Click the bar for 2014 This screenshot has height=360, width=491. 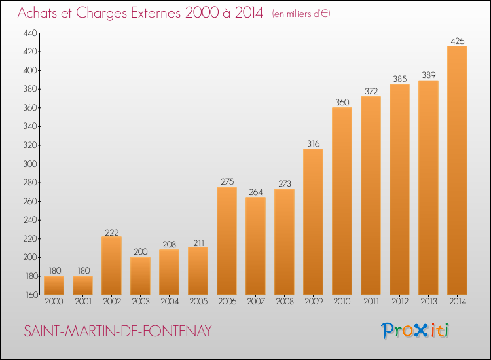pyautogui.click(x=457, y=170)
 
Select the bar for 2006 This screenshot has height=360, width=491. pyautogui.click(x=227, y=241)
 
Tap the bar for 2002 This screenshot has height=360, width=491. pyautogui.click(x=111, y=266)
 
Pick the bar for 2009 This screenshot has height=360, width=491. pyautogui.click(x=313, y=222)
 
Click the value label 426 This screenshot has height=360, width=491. pyautogui.click(x=457, y=41)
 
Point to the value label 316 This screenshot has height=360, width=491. pyautogui.click(x=313, y=144)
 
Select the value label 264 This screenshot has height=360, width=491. pyautogui.click(x=255, y=192)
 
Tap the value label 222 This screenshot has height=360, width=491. pyautogui.click(x=111, y=232)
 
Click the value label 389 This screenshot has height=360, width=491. pyautogui.click(x=428, y=75)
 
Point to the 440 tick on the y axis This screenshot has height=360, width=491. pyautogui.click(x=30, y=33)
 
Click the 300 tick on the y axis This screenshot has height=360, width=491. pyautogui.click(x=30, y=164)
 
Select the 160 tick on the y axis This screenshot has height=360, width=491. pyautogui.click(x=31, y=295)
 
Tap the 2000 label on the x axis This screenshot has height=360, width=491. pyautogui.click(x=54, y=302)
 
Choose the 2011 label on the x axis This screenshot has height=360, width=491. pyautogui.click(x=371, y=302)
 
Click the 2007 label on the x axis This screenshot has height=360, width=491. pyautogui.click(x=255, y=302)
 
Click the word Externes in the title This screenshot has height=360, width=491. pyautogui.click(x=156, y=13)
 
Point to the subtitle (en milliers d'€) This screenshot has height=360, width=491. pyautogui.click(x=301, y=14)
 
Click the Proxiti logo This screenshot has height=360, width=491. pyautogui.click(x=415, y=331)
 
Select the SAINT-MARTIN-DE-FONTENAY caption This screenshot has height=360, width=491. pyautogui.click(x=118, y=331)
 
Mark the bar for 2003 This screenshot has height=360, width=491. pyautogui.click(x=140, y=276)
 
